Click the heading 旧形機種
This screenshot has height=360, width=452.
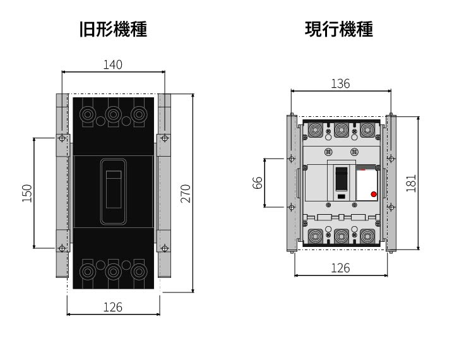click(x=113, y=30)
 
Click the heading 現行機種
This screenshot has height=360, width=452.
click(x=339, y=30)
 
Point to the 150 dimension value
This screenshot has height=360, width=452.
click(x=27, y=193)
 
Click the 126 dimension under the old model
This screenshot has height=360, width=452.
click(x=113, y=307)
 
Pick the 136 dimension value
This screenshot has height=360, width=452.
click(x=340, y=83)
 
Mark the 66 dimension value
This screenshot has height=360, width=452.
click(x=257, y=183)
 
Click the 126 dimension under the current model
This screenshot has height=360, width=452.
click(x=340, y=268)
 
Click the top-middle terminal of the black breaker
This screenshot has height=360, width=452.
click(x=114, y=114)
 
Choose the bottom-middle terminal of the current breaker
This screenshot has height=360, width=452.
click(x=341, y=237)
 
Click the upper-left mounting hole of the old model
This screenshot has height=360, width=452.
click(x=61, y=138)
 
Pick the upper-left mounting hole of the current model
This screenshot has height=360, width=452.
click(x=291, y=158)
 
